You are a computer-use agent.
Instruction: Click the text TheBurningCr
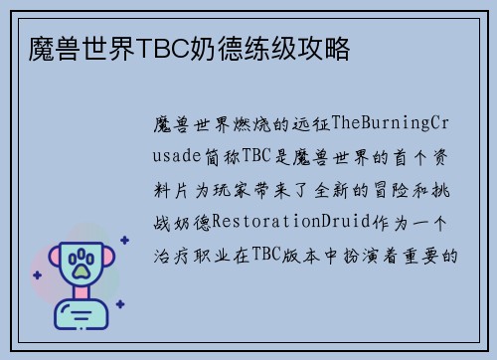pyautogui.click(x=394, y=123)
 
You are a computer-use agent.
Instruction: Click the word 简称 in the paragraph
pyautogui.click(x=223, y=156)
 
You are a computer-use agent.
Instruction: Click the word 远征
pyautogui.click(x=314, y=123)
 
